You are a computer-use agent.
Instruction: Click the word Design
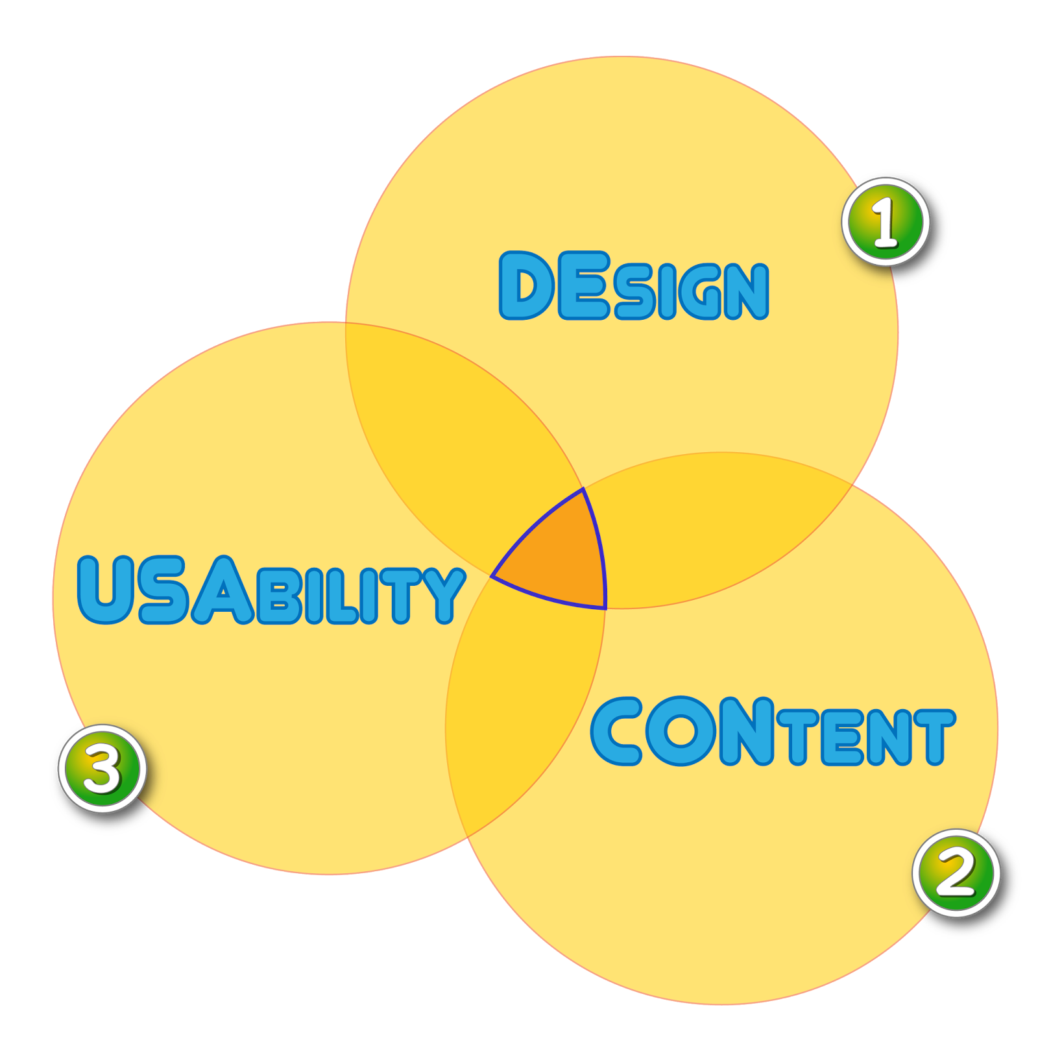coord(634,287)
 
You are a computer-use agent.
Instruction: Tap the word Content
coord(772,732)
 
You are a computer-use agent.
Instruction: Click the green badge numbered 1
coord(886,222)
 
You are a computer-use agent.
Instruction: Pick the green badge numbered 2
coord(956,873)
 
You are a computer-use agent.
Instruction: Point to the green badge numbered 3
coord(103,768)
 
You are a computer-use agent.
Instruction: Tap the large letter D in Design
coord(525,286)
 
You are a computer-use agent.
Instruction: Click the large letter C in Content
coord(617,731)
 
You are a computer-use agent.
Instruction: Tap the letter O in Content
coord(681,731)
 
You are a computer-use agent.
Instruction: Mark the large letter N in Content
coord(747,731)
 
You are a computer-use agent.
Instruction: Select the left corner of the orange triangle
coord(493,575)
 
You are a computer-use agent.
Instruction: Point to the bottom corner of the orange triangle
coord(605,607)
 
